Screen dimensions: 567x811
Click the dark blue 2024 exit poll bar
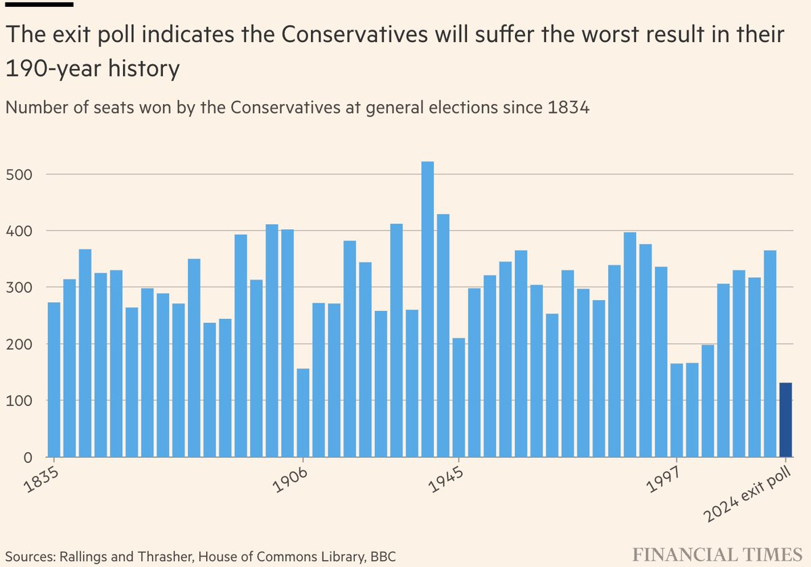point(785,420)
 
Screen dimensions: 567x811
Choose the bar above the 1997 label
point(677,410)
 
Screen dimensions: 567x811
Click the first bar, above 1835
point(54,379)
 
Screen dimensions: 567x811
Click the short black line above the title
point(39,4)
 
